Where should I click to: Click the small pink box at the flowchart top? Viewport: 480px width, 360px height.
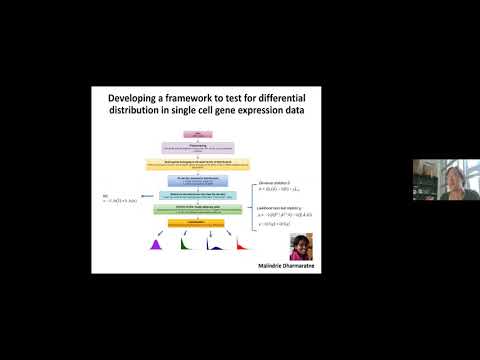[x=192, y=132]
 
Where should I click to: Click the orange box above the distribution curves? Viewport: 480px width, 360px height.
[x=192, y=225]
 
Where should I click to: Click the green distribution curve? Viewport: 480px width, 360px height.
[x=186, y=245]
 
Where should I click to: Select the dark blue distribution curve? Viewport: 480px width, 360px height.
[x=213, y=245]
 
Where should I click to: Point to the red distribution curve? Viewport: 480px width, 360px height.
[x=241, y=245]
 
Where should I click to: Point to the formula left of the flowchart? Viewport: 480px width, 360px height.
[x=117, y=202]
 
